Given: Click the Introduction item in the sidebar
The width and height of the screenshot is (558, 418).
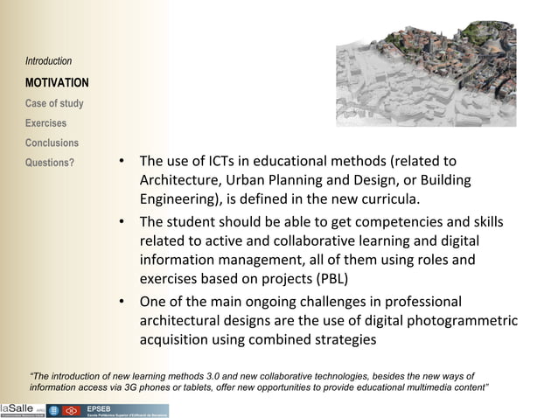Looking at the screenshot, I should [49, 61].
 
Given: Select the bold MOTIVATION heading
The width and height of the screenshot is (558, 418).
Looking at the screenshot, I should [57, 83].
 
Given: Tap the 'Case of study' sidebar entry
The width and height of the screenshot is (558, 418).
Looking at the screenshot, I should [54, 103].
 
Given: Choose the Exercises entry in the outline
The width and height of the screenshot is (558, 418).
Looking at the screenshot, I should [46, 123].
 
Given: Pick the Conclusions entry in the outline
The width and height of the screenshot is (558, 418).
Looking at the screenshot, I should [52, 143].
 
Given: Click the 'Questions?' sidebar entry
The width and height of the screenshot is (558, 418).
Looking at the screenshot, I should [50, 163].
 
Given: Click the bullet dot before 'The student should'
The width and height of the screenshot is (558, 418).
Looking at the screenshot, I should [122, 221].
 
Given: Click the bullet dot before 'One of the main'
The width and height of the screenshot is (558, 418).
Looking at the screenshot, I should [122, 303].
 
